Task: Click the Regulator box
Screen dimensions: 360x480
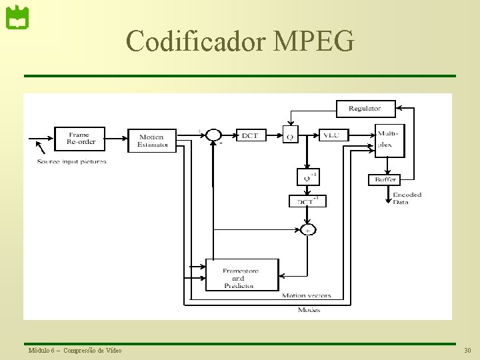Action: [365, 108]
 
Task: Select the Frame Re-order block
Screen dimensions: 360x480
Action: [81, 138]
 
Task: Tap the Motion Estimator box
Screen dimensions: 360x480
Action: [152, 141]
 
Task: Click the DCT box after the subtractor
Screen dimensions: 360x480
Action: [249, 135]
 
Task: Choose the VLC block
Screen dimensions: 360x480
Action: [332, 135]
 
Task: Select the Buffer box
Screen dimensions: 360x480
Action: [385, 179]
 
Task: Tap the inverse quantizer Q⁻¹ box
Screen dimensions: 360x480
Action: [308, 177]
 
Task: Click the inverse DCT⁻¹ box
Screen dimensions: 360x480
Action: [308, 200]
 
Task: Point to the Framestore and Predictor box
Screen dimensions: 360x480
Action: [241, 275]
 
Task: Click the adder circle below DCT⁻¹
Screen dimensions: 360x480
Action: [308, 229]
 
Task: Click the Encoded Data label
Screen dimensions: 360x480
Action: [407, 198]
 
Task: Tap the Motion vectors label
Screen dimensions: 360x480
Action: [306, 295]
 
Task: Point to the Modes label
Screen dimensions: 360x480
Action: [309, 309]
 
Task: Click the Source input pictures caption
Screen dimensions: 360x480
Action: [72, 161]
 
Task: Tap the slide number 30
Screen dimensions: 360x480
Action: [467, 351]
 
